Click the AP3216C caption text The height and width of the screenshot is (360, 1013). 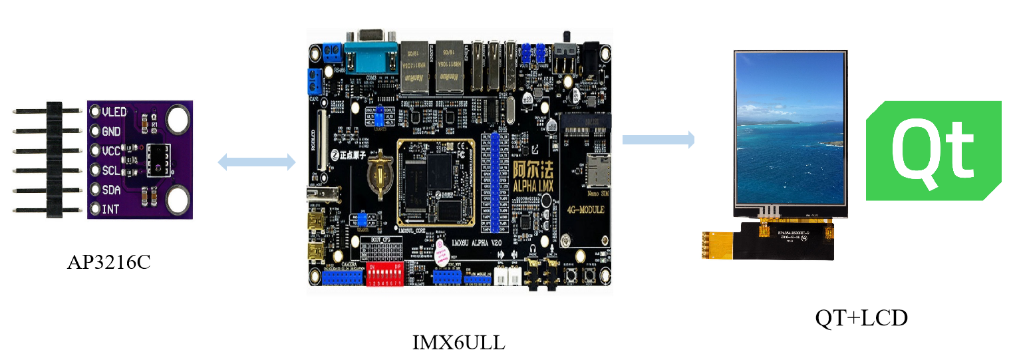pyautogui.click(x=108, y=262)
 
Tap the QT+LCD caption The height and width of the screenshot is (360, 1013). pyautogui.click(x=861, y=319)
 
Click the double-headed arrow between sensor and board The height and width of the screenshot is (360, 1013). pyautogui.click(x=257, y=161)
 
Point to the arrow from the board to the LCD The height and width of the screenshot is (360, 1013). pyautogui.click(x=658, y=139)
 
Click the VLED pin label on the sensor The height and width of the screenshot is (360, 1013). pyautogui.click(x=114, y=112)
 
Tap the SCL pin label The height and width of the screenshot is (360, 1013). pyautogui.click(x=110, y=170)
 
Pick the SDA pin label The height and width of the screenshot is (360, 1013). pyautogui.click(x=110, y=190)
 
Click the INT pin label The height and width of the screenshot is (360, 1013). pyautogui.click(x=110, y=209)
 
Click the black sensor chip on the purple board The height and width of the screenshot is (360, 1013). pyautogui.click(x=158, y=160)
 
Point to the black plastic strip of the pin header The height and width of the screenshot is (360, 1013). pyautogui.click(x=54, y=160)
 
